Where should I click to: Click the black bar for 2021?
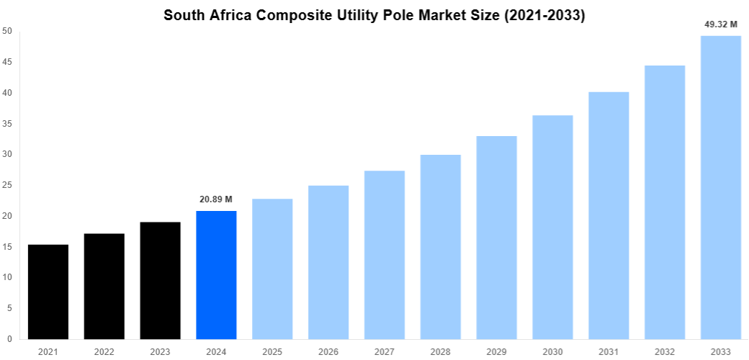pos(48,292)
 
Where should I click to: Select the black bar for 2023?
pos(160,281)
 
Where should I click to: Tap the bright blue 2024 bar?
pos(216,274)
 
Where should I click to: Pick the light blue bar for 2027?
pos(385,255)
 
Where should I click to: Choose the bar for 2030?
pos(552,227)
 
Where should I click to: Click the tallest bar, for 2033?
pos(721,187)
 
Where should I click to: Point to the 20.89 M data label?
pos(216,199)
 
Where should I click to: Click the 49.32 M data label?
pos(721,24)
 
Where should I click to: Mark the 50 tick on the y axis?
pos(6,31)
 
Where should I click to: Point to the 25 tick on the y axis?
pos(6,185)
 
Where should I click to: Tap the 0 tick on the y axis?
pos(9,339)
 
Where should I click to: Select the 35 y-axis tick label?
pos(6,124)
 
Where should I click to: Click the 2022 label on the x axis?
pos(104,351)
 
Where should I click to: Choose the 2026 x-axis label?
pos(328,351)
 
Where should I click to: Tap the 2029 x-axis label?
pos(497,351)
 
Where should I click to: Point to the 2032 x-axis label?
pos(665,351)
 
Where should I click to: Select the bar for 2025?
pos(272,269)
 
